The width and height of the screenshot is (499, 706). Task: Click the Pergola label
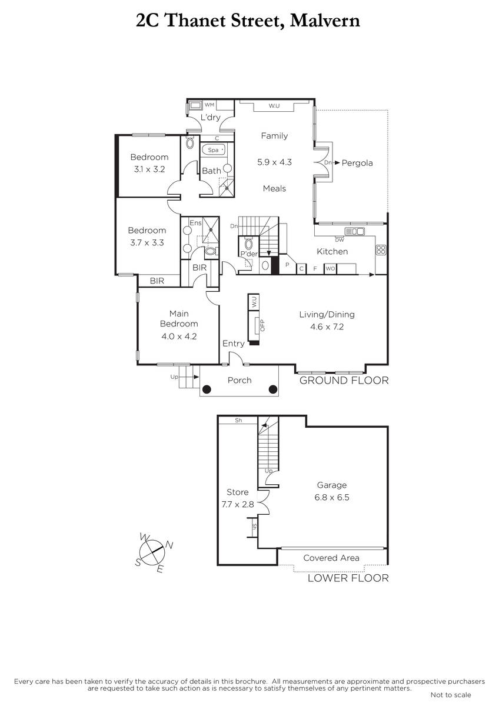(x=357, y=163)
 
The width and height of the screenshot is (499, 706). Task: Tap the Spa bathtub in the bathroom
(x=214, y=149)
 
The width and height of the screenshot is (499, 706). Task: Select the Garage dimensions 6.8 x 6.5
(x=332, y=497)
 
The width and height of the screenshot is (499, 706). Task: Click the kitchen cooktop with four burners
(x=381, y=250)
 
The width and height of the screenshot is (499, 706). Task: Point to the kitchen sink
(x=355, y=231)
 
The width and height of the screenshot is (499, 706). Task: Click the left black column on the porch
(x=207, y=389)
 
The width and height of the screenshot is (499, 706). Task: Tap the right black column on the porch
(x=273, y=389)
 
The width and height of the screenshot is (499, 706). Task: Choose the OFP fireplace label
(x=262, y=325)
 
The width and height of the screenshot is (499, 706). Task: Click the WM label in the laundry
(x=209, y=105)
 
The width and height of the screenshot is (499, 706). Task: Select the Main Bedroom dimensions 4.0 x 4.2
(x=179, y=337)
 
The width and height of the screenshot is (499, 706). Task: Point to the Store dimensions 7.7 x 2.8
(x=237, y=504)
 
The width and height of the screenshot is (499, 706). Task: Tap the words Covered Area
(x=331, y=558)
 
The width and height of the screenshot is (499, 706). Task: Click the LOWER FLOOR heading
(x=348, y=578)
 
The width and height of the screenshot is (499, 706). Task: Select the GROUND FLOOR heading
(x=344, y=381)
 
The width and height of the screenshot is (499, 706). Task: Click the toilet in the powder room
(x=249, y=244)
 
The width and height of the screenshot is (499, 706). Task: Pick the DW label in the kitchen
(x=340, y=240)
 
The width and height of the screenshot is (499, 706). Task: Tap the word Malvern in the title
(x=325, y=21)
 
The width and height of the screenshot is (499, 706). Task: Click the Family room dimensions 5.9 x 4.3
(x=274, y=162)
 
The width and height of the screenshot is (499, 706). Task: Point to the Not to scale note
(x=451, y=695)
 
